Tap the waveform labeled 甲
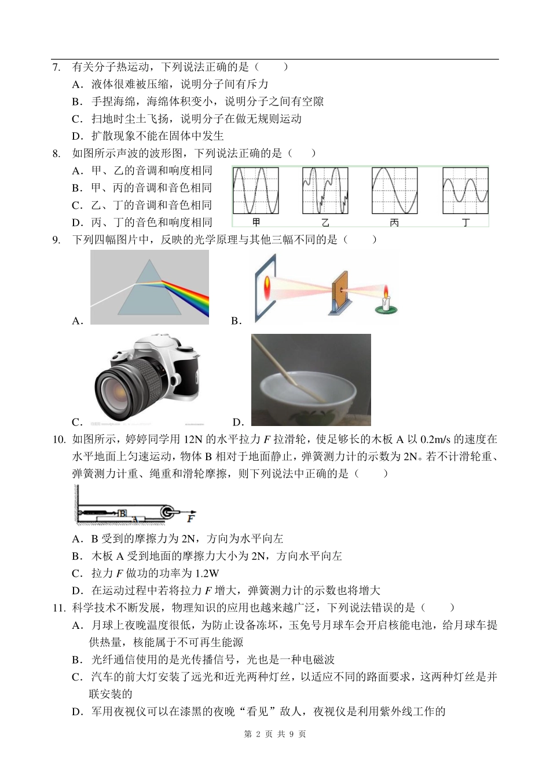click(256, 191)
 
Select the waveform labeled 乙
click(325, 191)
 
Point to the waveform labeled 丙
click(394, 191)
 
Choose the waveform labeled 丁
click(465, 191)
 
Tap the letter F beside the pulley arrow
click(191, 518)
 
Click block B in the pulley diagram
click(122, 513)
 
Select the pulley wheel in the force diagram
click(168, 512)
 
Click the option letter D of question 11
click(77, 712)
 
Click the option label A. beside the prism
click(78, 321)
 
